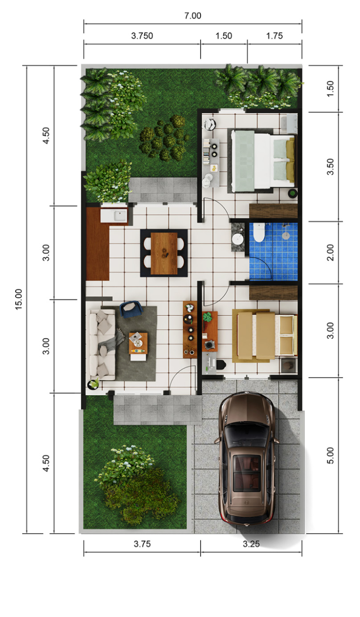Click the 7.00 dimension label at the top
pos(192,16)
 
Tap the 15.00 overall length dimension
pos(18,300)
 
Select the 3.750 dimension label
pos(142,36)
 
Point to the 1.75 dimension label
pos(274,36)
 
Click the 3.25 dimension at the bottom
pos(251,544)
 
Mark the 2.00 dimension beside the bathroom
pos(330,253)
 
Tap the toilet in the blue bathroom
pos(259,233)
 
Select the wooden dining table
pos(164,253)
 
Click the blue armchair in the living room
pos(131,309)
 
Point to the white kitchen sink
pos(120,215)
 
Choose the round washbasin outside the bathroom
pos(238,239)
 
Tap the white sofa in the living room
pos(102,345)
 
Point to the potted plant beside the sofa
pos(93,384)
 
